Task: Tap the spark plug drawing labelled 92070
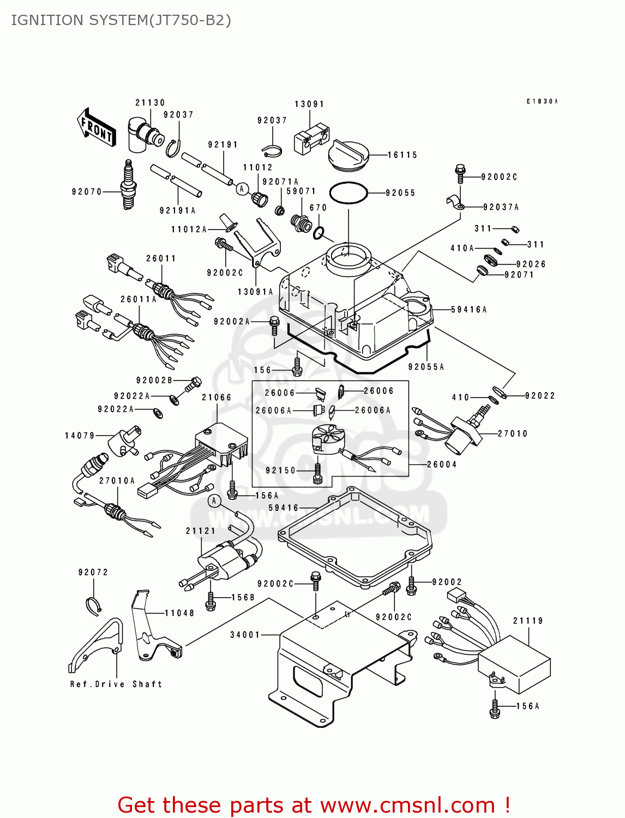click(x=129, y=186)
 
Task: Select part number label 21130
click(x=150, y=103)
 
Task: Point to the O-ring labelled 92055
click(x=348, y=193)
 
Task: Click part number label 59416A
click(x=469, y=309)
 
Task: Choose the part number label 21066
click(x=217, y=398)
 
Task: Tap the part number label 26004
click(x=442, y=465)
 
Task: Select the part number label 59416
click(x=284, y=508)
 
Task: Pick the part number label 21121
click(x=201, y=531)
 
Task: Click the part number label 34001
click(x=245, y=634)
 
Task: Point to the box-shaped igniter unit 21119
click(x=514, y=664)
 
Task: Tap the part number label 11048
click(x=179, y=613)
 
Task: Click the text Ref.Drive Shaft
click(x=116, y=684)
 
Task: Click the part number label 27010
click(x=513, y=434)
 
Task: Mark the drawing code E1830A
click(x=542, y=101)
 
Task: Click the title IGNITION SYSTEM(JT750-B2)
click(x=121, y=20)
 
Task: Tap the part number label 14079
click(x=80, y=435)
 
